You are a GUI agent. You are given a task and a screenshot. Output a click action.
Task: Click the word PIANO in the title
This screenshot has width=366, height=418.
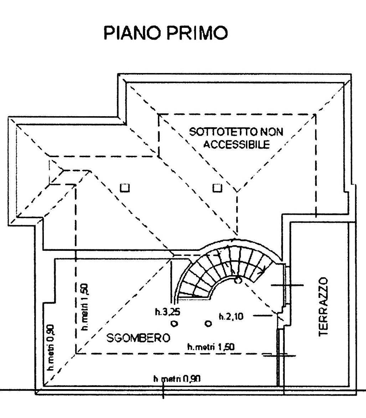132,33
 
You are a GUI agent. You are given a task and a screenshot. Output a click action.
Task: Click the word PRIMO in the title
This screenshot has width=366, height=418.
198,33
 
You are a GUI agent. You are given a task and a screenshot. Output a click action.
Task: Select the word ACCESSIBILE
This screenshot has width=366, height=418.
237,144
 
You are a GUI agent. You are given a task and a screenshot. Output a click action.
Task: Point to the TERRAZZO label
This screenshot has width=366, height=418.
323,306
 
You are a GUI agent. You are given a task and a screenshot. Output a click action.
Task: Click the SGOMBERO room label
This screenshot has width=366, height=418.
138,338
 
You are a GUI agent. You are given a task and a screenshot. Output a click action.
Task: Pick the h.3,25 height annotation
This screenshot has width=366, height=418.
166,312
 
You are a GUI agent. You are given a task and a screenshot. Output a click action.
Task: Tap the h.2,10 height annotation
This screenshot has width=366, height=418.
231,316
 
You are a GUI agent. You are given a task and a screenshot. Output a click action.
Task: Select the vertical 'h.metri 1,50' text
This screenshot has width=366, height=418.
85,307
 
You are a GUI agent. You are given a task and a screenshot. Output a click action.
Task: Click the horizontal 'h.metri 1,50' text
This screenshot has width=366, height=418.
211,347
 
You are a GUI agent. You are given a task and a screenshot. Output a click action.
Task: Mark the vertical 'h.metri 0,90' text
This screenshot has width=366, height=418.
51,347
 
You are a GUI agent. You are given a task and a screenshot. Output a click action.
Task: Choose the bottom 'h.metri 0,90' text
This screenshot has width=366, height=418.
177,378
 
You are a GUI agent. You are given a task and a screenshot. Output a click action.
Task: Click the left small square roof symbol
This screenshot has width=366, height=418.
125,188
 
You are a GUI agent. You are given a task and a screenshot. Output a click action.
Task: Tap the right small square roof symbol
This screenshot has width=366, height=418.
217,188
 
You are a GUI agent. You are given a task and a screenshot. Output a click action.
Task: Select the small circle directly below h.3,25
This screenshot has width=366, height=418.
174,324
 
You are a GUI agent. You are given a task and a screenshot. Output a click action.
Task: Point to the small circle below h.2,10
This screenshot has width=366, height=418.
208,324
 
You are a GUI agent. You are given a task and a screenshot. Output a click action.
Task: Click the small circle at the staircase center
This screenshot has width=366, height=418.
238,280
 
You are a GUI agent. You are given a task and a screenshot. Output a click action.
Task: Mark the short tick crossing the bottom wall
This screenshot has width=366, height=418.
164,392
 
